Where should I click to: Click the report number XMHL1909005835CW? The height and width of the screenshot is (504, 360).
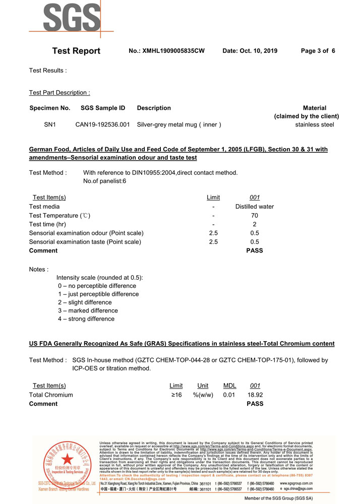[166, 51]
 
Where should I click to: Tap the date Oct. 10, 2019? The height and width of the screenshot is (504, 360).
[250, 51]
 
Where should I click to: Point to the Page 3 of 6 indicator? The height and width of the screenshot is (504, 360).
[318, 51]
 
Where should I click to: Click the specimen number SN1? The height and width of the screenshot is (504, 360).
[50, 124]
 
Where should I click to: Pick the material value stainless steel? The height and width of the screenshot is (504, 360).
[315, 124]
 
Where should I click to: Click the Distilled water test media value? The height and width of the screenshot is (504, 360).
[255, 207]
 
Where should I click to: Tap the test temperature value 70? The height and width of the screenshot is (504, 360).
[255, 216]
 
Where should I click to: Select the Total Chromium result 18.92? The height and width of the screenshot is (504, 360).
[255, 395]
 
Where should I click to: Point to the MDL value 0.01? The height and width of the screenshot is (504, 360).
[229, 395]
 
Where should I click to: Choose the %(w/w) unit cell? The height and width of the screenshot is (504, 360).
[203, 395]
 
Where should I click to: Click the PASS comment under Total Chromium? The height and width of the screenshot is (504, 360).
[255, 404]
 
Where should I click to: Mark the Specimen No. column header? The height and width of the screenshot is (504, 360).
[50, 108]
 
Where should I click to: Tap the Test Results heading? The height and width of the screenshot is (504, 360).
[48, 71]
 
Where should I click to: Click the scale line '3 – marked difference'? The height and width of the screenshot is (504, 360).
[88, 310]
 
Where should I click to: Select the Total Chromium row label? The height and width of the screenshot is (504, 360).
[51, 395]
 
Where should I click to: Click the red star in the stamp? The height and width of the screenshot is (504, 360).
[66, 460]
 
